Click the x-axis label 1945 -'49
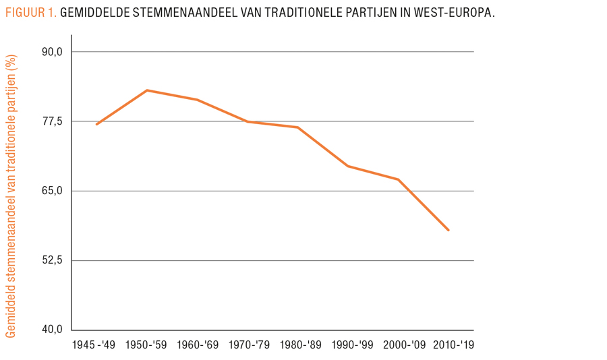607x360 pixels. click(x=93, y=345)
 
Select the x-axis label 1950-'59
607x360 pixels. click(x=147, y=345)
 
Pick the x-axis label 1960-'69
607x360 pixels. click(x=198, y=345)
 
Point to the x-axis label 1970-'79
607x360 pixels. click(x=248, y=345)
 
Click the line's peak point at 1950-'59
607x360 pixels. click(x=147, y=90)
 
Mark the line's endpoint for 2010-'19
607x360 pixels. click(x=449, y=230)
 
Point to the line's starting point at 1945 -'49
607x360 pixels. click(x=96, y=124)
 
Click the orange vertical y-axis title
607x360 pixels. click(x=11, y=196)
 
